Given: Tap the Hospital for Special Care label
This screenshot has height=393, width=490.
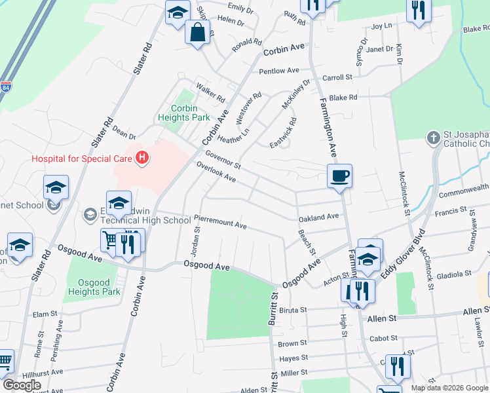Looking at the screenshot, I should point(82,158).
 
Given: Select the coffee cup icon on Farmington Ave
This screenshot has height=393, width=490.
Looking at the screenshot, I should point(340,176).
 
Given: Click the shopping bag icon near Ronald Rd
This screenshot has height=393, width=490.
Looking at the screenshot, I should point(198,31).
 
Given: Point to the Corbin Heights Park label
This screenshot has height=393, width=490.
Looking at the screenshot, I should point(184,113).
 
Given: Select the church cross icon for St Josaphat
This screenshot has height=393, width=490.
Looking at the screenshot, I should point(432,138).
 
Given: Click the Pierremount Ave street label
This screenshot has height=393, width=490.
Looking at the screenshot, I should point(220,223).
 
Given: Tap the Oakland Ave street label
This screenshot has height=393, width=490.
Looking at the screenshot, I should point(318,217).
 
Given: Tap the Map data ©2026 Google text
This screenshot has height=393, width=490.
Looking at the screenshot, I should point(449,388).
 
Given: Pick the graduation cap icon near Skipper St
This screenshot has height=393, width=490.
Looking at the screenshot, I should point(177,12).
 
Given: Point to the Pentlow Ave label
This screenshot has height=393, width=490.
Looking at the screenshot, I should point(279,71).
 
